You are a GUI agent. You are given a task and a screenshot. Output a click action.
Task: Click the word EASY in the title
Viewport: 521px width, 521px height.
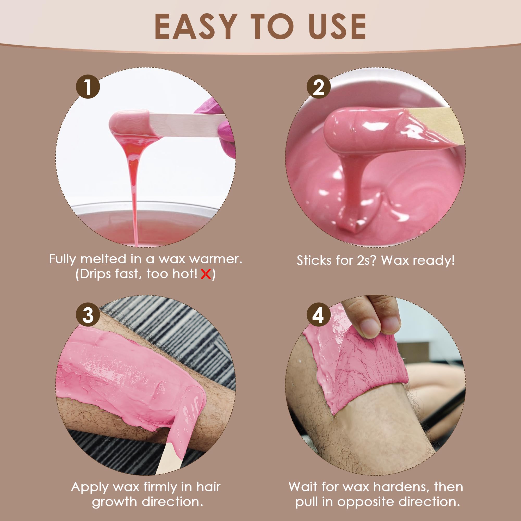(x=196, y=26)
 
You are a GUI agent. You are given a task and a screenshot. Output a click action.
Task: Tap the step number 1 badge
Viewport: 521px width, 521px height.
(x=88, y=86)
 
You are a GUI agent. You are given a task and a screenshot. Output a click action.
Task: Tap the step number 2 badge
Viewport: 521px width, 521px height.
(x=319, y=86)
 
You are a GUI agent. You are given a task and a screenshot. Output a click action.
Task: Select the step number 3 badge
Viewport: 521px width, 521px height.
(x=88, y=315)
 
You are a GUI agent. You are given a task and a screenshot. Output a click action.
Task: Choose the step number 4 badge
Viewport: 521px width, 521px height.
(x=319, y=315)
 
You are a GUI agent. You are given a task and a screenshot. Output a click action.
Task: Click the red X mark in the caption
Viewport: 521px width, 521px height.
(x=206, y=275)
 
